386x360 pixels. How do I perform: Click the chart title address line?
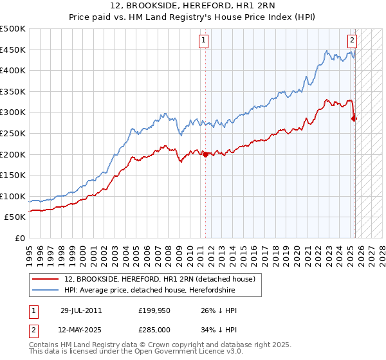pos(193,6)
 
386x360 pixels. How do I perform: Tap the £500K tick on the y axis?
pos(13,29)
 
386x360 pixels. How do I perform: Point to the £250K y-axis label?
pos(13,133)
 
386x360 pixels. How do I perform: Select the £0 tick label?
pos(20,238)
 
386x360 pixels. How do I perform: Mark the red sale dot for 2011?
pos(205,154)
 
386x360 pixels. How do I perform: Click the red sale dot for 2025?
pos(354,118)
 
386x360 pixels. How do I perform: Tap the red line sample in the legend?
pos(46,278)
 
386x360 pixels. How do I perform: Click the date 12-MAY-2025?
pos(81,330)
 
